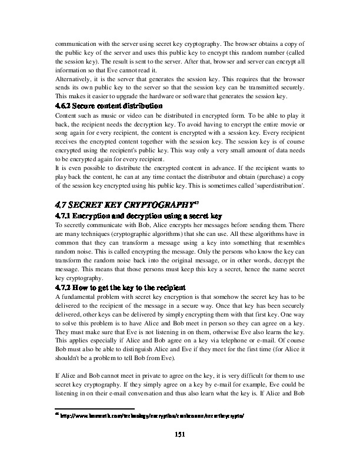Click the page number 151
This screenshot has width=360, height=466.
click(180, 434)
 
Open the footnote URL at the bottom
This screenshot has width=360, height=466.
click(152, 415)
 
